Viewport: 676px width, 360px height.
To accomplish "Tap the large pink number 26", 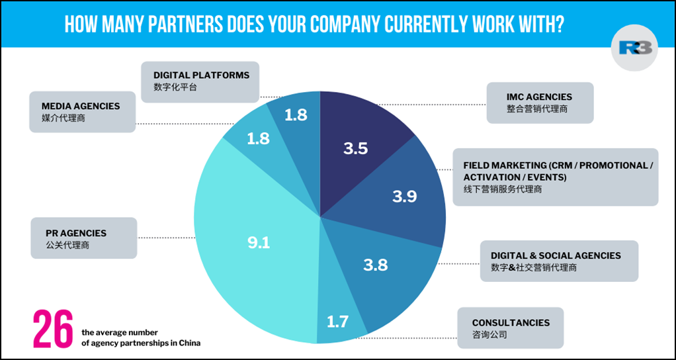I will [x=53, y=328].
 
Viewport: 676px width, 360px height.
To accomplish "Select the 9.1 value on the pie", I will [x=259, y=243].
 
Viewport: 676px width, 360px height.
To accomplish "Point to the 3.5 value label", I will [x=355, y=148].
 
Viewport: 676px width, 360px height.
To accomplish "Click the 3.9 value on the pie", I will [x=404, y=197].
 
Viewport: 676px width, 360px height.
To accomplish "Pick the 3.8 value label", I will [x=375, y=265].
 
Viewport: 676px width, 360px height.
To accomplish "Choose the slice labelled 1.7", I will [x=337, y=323].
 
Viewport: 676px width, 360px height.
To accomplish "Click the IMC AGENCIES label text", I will [x=539, y=97].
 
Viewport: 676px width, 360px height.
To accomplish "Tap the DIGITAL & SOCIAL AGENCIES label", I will [x=556, y=255].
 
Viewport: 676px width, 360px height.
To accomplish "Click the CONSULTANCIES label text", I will [x=510, y=322].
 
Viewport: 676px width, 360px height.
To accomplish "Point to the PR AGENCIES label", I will [x=76, y=233].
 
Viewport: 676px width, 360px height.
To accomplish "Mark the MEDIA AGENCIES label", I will [x=81, y=106].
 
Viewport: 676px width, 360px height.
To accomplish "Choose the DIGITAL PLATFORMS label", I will [x=201, y=75].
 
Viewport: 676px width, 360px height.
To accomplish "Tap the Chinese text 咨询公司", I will [x=489, y=336].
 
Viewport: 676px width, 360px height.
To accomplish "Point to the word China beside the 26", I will [x=189, y=343].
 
